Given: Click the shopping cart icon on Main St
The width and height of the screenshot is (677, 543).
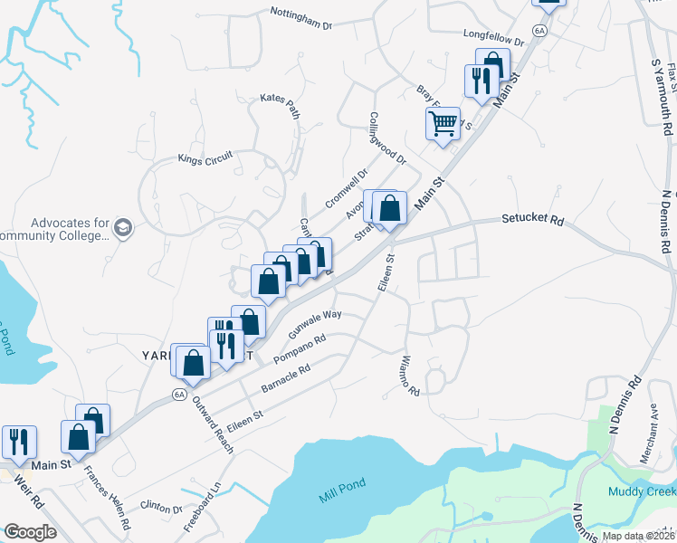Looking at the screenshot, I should [443, 123].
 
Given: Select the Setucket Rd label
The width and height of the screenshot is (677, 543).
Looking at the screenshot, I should [533, 220].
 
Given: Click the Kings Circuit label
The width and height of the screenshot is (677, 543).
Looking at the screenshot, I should [205, 157].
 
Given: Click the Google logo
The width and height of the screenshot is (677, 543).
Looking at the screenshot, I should [30, 532].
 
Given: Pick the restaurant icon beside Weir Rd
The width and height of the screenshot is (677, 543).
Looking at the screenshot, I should [19, 441].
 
